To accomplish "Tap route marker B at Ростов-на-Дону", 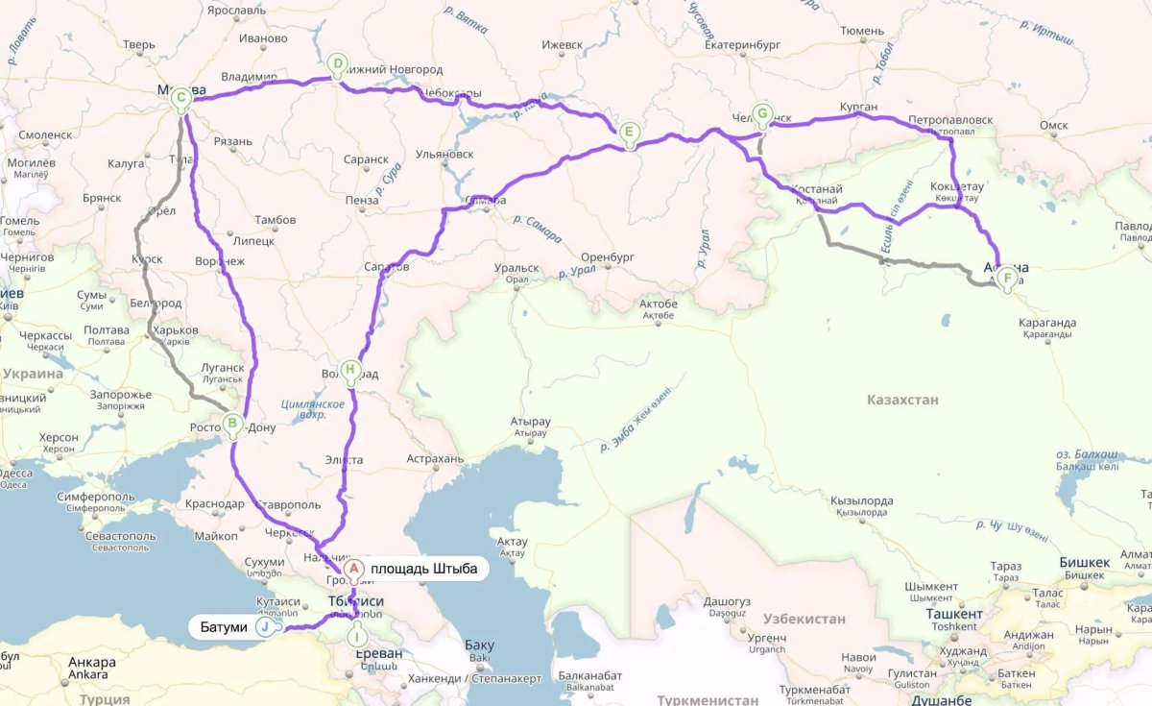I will point(232,423).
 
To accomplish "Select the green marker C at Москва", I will point(180,97).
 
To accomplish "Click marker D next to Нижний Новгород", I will point(337,64).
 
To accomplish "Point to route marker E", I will point(628,132).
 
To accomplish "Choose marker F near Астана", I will point(1006,279).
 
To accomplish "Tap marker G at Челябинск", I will point(761,113).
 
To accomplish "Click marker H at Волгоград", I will point(350,369).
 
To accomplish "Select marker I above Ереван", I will point(356,635).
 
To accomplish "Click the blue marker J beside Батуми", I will point(263,627).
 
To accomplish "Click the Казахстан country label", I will point(901,400).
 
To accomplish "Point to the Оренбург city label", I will point(609,257).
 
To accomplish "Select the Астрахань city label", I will point(435,459).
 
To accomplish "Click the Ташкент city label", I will point(954,614).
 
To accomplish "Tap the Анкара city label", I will point(92,663).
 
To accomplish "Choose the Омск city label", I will point(1053,125).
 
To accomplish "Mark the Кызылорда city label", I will point(862,501).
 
